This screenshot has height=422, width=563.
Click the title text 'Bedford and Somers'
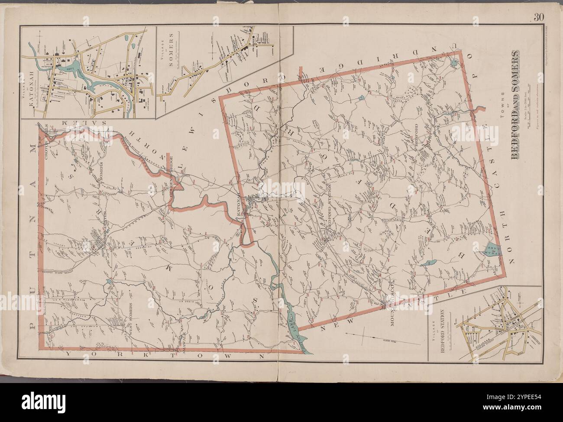[x=517, y=105]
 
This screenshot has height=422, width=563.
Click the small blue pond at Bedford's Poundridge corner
[x=453, y=63]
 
